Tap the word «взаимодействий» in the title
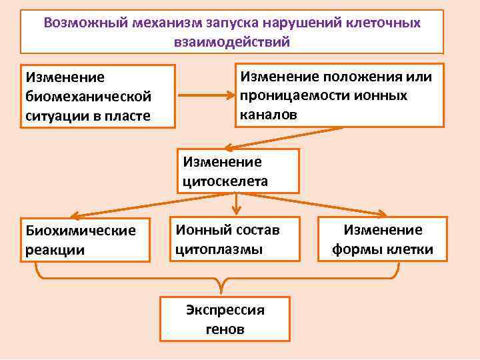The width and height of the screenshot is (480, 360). point(232,42)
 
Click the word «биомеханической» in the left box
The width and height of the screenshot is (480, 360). point(88,97)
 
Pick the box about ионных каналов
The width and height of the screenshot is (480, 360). point(338,95)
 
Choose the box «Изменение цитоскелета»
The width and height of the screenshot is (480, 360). point(237,171)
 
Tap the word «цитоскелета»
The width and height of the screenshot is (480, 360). point(225,181)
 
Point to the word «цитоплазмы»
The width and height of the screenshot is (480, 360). point(219,249)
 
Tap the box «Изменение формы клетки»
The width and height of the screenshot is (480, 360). point(382,239)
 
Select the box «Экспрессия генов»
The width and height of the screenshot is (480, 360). point(225,319)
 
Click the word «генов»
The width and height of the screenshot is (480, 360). point(225,329)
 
